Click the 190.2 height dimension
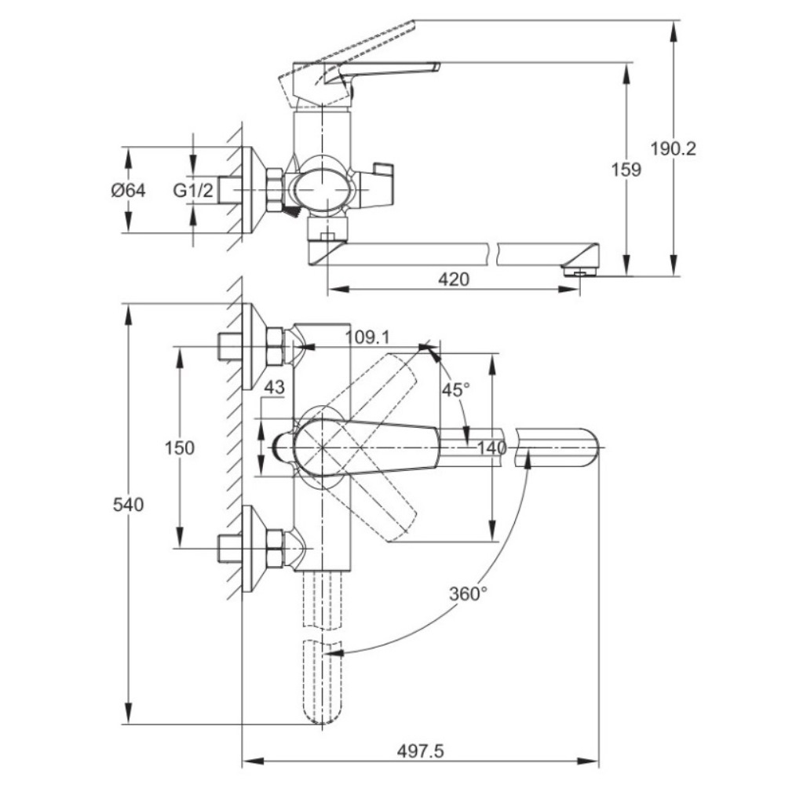(674, 148)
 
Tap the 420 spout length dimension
(453, 280)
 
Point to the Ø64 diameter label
(129, 190)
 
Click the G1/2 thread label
(192, 190)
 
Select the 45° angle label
(455, 390)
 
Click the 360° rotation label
(469, 593)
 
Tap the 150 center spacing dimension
(178, 447)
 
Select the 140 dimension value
(491, 448)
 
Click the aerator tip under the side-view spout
(580, 271)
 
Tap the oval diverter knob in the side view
(319, 188)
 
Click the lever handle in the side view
(385, 71)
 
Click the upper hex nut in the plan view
(274, 346)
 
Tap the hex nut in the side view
(274, 190)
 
